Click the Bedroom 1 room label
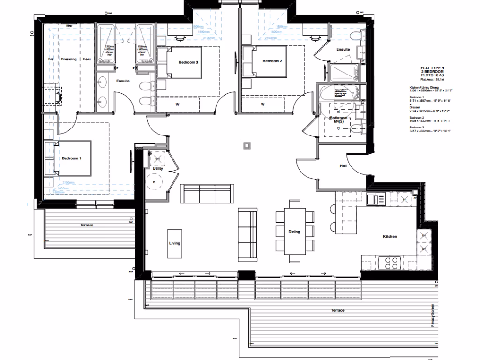pyautogui.click(x=72, y=158)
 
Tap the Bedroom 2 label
pyautogui.click(x=272, y=61)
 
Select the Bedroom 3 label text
pyautogui.click(x=188, y=61)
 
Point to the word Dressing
pyautogui.click(x=68, y=60)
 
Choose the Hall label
pyautogui.click(x=343, y=166)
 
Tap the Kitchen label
pyautogui.click(x=390, y=237)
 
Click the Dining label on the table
pyautogui.click(x=294, y=232)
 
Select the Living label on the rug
pyautogui.click(x=174, y=243)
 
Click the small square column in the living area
pyautogui.click(x=247, y=145)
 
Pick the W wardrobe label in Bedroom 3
pyautogui.click(x=177, y=104)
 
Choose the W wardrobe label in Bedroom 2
pyautogui.click(x=262, y=104)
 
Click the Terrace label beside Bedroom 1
pyautogui.click(x=86, y=225)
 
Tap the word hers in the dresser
pyautogui.click(x=87, y=60)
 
